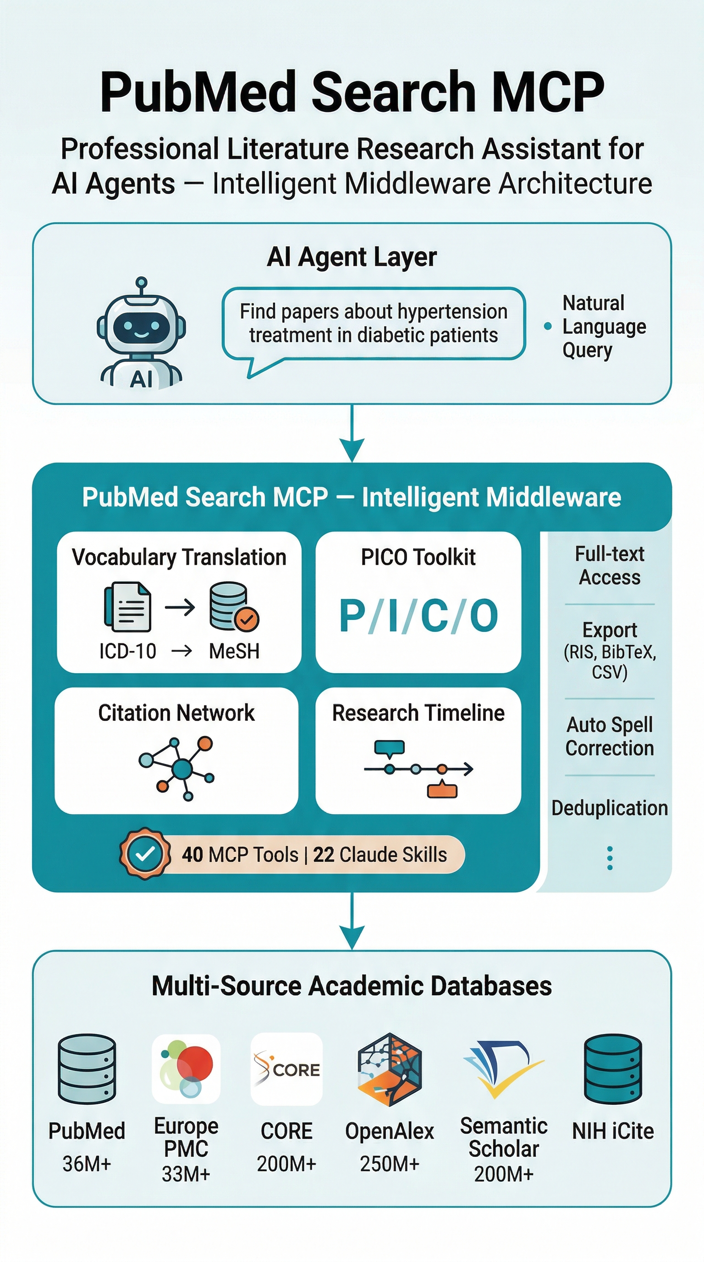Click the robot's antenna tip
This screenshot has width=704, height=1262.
pos(141,282)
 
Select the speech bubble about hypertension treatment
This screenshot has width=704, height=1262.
pos(373,323)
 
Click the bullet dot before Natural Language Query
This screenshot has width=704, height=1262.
pos(548,327)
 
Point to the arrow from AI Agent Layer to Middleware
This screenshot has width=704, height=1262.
pos(352,433)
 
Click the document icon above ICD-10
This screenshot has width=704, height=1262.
pos(128,607)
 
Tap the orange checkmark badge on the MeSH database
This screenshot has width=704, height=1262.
pos(247,619)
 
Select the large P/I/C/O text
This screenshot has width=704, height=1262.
pos(418,616)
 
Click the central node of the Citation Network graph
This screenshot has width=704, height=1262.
pos(182,769)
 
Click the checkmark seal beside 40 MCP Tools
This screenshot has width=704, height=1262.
pos(145,854)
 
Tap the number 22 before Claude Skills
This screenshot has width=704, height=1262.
pos(323,854)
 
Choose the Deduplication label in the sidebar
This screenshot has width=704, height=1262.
pos(610,808)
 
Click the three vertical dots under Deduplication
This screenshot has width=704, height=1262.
pos(610,858)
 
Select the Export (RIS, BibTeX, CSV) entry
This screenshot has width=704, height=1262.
pos(610,651)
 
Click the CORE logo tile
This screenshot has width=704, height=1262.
pos(286,1069)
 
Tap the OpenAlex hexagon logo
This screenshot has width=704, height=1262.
pos(390,1069)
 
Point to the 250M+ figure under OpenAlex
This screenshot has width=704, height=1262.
pos(390,1164)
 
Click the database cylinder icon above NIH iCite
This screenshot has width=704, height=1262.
pos(612,1068)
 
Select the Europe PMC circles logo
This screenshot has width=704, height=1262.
pos(186,1068)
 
